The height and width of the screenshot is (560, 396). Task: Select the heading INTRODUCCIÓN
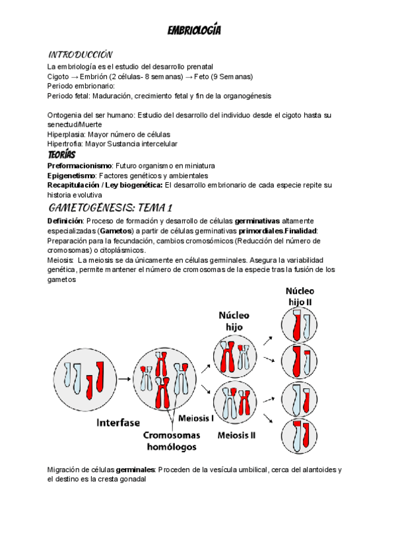[x=80, y=54]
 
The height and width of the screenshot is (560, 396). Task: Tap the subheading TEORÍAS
[x=61, y=154]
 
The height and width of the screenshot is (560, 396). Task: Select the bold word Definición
[x=65, y=220]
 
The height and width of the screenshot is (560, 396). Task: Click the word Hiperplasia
[x=65, y=134]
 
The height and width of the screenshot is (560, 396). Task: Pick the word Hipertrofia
[x=64, y=144]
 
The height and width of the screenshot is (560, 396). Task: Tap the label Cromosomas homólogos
[x=172, y=441]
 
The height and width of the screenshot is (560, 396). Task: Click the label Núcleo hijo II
[x=300, y=296]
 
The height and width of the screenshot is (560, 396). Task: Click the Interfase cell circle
[x=84, y=376]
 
